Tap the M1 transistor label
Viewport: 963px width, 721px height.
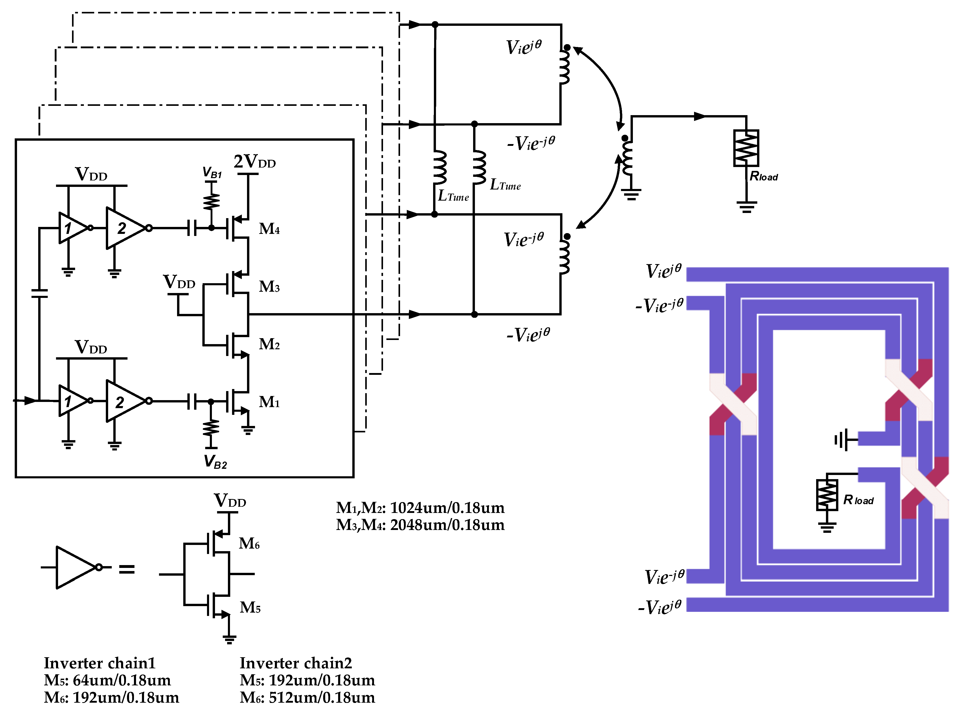pos(269,402)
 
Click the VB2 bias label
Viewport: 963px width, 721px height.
pos(215,462)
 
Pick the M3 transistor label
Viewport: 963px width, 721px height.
pos(269,287)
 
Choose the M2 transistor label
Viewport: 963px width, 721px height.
pos(269,344)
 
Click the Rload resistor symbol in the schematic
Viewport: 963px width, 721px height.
pos(746,148)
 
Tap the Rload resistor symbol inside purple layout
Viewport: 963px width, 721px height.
pos(827,495)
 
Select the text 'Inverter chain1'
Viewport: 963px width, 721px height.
pos(100,663)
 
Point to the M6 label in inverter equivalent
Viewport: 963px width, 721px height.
pos(249,544)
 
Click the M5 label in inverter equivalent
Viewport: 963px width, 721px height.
pos(250,607)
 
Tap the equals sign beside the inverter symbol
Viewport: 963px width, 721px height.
pos(127,569)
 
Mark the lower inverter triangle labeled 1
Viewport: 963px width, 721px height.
pos(71,401)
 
